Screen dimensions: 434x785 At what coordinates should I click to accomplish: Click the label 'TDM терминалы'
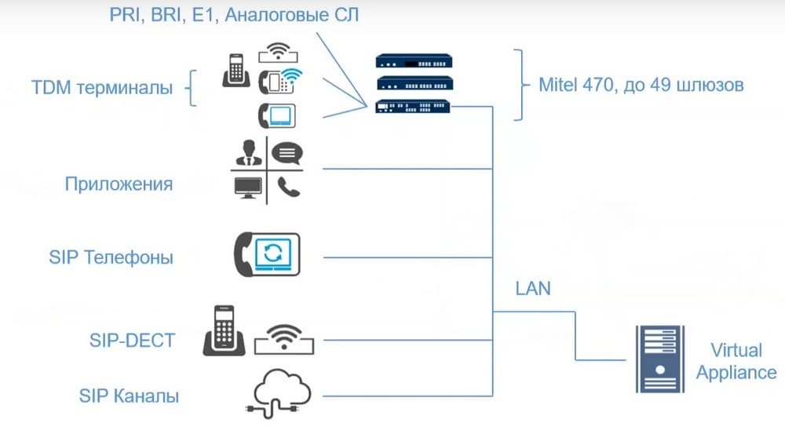[x=102, y=88]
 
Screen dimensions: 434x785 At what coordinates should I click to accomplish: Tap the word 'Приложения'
[x=119, y=184]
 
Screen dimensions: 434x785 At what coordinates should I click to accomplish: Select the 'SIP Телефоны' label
[x=111, y=257]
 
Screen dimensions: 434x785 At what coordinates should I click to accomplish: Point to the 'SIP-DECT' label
[x=132, y=341]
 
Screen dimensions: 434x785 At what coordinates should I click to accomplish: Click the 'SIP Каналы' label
[x=129, y=395]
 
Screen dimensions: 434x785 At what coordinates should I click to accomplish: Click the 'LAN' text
[x=533, y=289]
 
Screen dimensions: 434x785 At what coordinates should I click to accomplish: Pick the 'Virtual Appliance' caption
[x=736, y=361]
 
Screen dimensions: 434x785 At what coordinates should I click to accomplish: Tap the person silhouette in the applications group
[x=249, y=152]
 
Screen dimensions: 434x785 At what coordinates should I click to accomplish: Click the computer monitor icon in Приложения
[x=249, y=188]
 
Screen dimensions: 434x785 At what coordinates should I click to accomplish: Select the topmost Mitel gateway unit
[x=414, y=60]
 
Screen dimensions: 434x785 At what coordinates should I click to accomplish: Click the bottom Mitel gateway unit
[x=414, y=107]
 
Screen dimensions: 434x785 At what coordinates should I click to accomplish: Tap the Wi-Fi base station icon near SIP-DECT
[x=285, y=340]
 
